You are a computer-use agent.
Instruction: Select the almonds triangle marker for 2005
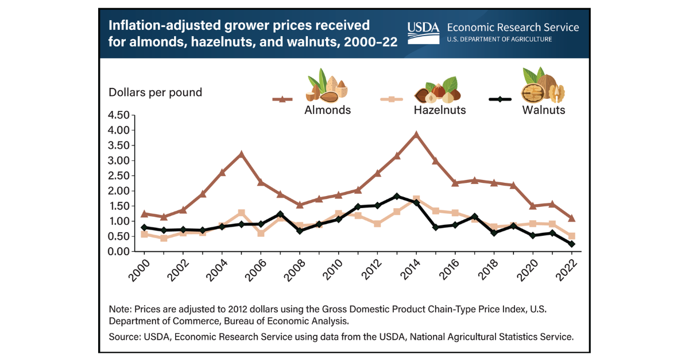(x=242, y=154)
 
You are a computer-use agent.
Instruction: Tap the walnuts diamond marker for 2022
(x=571, y=244)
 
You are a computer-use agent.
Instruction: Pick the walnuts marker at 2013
(x=397, y=196)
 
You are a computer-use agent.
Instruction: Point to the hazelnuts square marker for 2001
(x=164, y=238)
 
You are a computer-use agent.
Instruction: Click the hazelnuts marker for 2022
(x=571, y=236)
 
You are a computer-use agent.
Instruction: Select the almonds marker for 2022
(x=571, y=218)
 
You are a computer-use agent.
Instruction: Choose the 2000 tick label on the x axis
(x=137, y=270)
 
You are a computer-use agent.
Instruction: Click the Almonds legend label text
(x=328, y=110)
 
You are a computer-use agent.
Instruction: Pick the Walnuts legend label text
(x=543, y=110)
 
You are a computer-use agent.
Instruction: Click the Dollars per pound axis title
(x=155, y=92)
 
